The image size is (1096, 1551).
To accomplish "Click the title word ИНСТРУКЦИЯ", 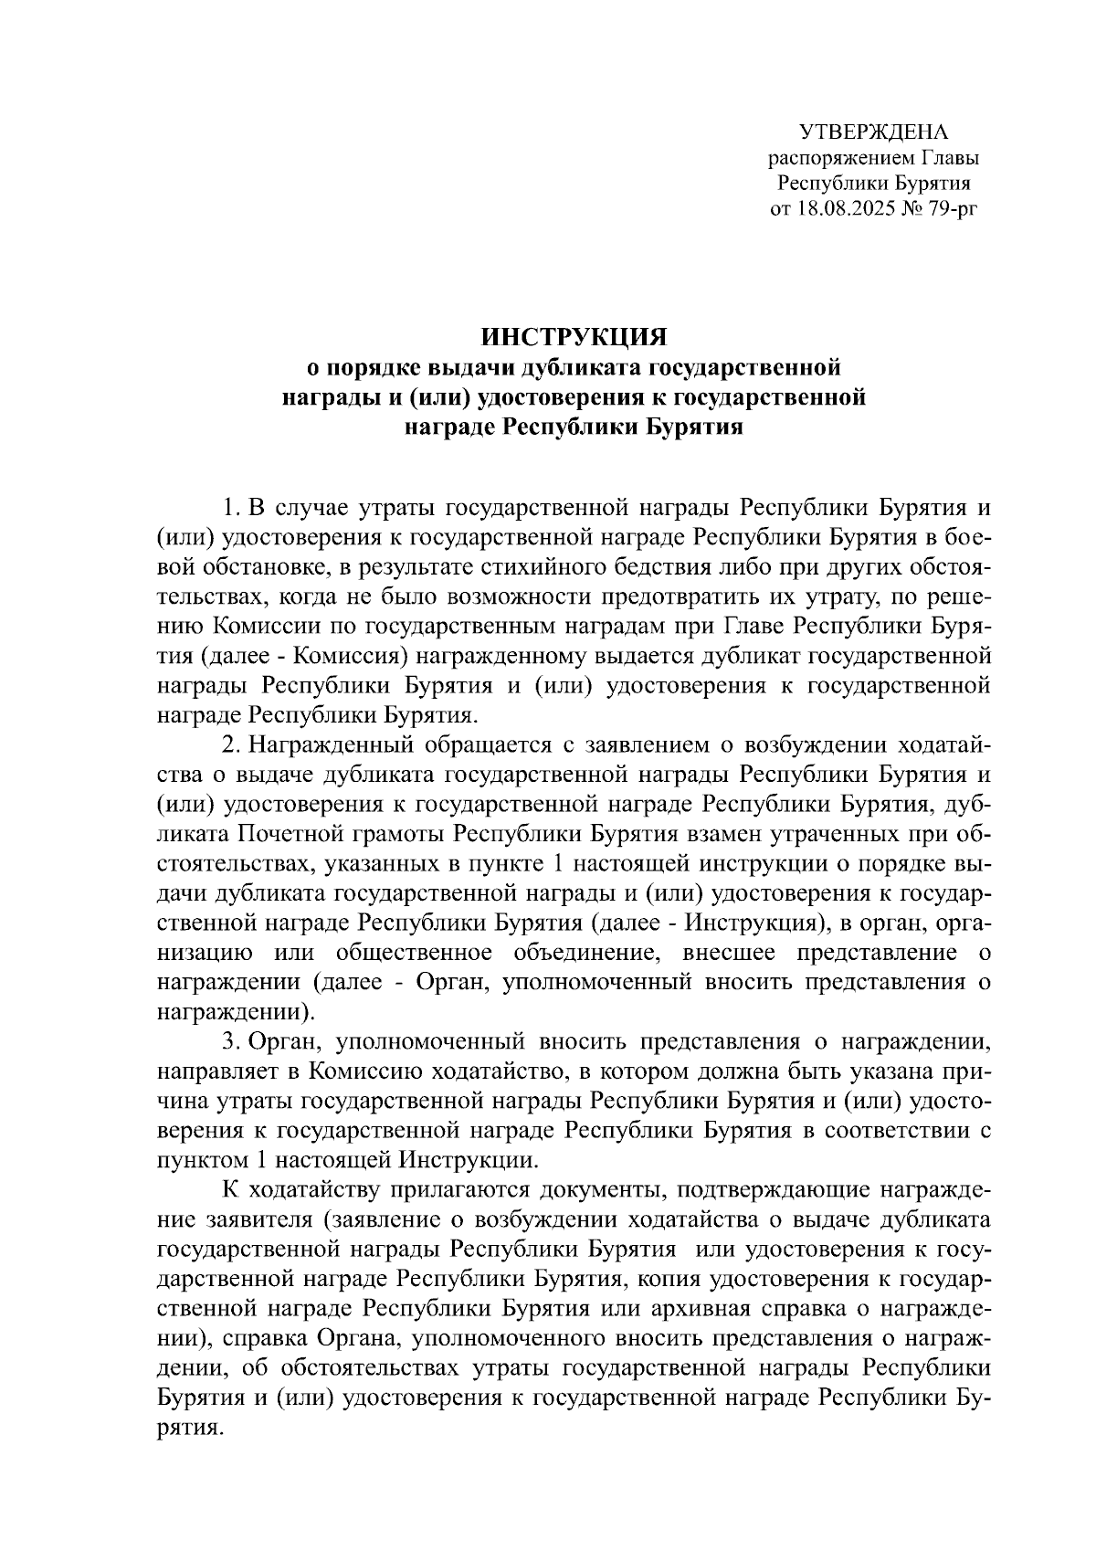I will click(573, 337).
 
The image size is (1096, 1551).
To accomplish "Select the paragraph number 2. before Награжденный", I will click(231, 745).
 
